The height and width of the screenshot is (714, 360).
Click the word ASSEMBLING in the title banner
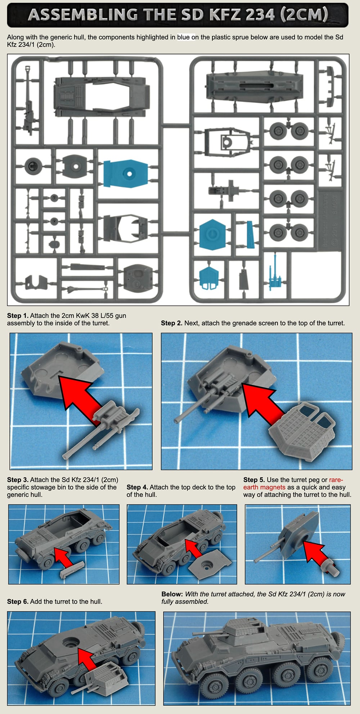click(83, 15)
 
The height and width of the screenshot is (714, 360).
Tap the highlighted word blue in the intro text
click(183, 37)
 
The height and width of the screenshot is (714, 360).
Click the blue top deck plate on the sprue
click(126, 174)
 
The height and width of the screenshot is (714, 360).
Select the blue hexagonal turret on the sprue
click(212, 235)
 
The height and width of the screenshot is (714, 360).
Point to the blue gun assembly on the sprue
click(275, 273)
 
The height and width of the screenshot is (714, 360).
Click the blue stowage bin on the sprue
click(251, 234)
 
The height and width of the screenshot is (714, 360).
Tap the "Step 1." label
click(18, 316)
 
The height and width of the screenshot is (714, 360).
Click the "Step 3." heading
click(18, 480)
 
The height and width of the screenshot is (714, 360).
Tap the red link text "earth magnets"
click(264, 487)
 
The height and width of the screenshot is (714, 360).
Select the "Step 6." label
click(18, 602)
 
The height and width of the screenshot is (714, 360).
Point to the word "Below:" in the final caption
click(172, 594)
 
